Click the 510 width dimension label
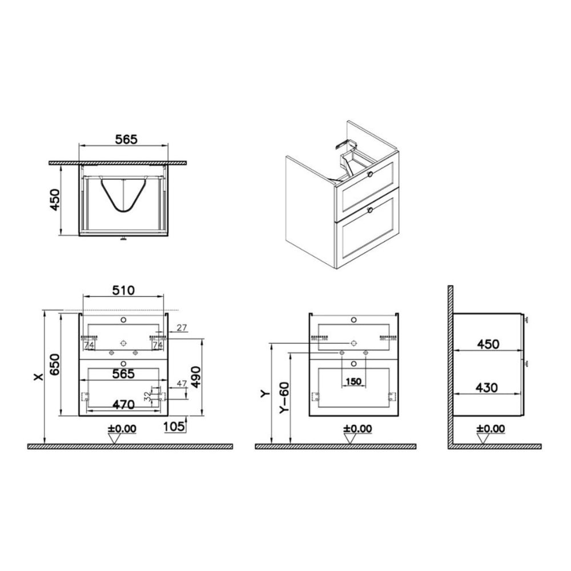pos(123,290)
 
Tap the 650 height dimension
pos(55,364)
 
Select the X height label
pos(38,376)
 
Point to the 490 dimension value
pos(196,377)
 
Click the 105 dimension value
pos(174,426)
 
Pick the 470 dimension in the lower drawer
pos(123,405)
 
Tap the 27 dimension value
pos(182,327)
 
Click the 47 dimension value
pos(182,383)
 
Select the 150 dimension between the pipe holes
pos(353,381)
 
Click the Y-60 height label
pos(284,397)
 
